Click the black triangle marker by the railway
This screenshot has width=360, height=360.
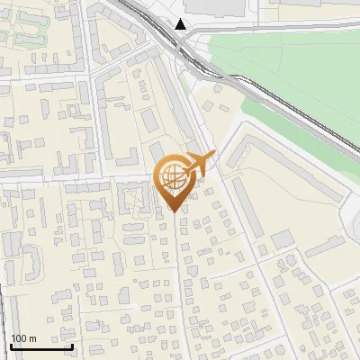pos(182,24)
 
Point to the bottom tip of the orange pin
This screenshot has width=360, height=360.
pos(174,211)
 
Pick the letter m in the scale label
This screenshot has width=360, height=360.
pos(32,338)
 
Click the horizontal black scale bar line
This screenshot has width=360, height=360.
pos(41,346)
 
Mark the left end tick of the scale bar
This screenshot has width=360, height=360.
pos(11,344)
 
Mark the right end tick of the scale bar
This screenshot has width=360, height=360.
pos(72,344)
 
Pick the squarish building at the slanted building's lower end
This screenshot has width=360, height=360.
pos(282,239)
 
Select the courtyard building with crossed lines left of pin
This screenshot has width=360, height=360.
pos(135,200)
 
